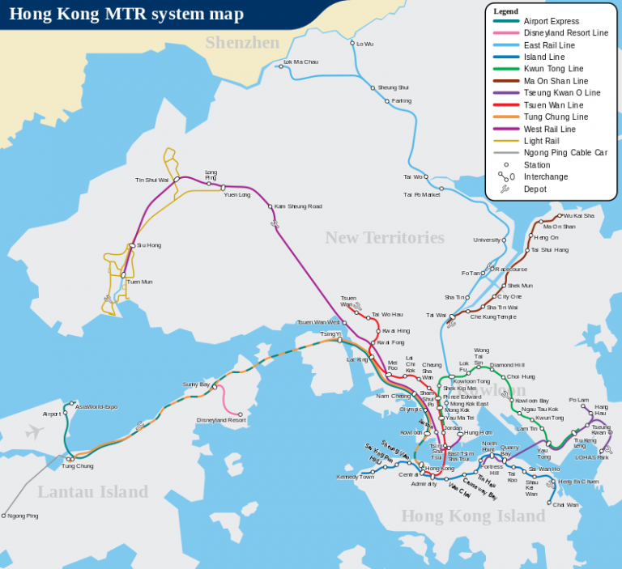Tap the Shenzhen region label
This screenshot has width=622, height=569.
(242, 43)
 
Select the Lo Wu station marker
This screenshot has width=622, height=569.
(352, 43)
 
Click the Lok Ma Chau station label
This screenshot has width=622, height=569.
(300, 62)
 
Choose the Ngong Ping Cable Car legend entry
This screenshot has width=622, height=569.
(565, 152)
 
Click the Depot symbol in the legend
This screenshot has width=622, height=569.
(505, 189)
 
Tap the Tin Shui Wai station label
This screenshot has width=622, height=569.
(151, 180)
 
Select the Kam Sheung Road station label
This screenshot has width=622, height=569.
(297, 206)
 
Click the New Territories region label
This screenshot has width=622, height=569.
(385, 237)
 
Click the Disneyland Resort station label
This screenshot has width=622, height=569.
(221, 420)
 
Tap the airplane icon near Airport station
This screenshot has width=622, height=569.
(33, 432)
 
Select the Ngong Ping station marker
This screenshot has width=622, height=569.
(4, 515)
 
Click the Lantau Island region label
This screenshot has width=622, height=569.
(92, 491)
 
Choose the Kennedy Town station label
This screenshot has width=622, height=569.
(355, 477)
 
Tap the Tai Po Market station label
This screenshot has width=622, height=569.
(422, 194)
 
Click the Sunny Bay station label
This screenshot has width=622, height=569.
(196, 384)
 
